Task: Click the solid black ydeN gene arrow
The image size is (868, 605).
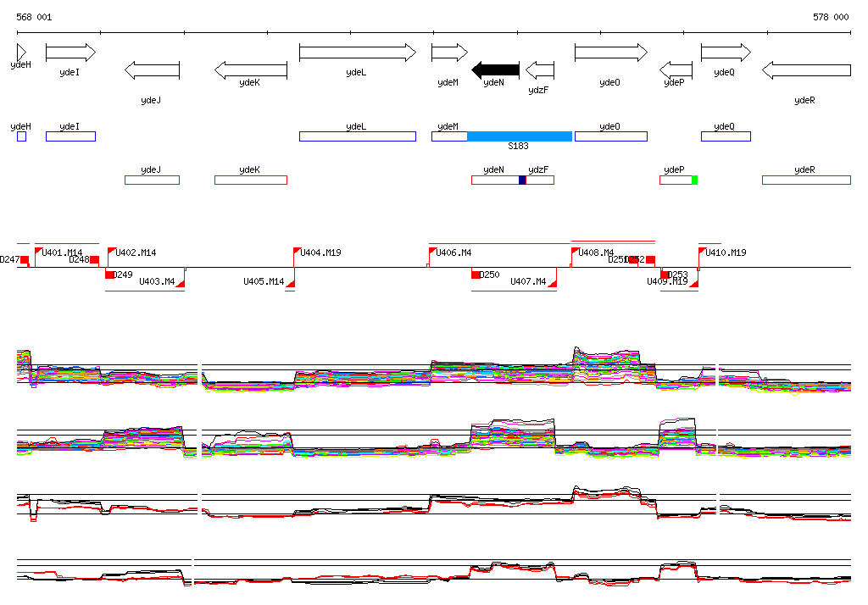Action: tap(495, 69)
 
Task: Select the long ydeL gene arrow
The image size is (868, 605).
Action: tap(357, 53)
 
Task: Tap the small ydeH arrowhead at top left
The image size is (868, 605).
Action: tap(21, 53)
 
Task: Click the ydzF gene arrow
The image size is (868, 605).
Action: tap(540, 69)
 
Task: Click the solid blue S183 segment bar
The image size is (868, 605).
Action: tap(520, 136)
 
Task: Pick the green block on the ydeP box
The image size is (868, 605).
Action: tap(694, 180)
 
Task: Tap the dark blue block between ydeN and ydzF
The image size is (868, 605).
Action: tap(522, 180)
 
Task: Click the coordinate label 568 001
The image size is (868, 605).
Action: tap(34, 17)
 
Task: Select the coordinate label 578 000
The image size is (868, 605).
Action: tap(831, 17)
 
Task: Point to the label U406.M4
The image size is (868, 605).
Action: tap(453, 253)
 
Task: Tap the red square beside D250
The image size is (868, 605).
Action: tap(476, 275)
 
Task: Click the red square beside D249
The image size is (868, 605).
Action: tap(109, 275)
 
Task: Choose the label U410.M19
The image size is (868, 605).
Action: tap(726, 253)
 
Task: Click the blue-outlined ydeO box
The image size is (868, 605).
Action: tap(610, 136)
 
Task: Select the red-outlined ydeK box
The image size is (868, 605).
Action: tap(250, 180)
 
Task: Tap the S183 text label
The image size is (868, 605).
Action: tap(519, 147)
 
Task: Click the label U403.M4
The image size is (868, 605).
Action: tap(157, 281)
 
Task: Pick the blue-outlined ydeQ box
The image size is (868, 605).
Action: tap(725, 136)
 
